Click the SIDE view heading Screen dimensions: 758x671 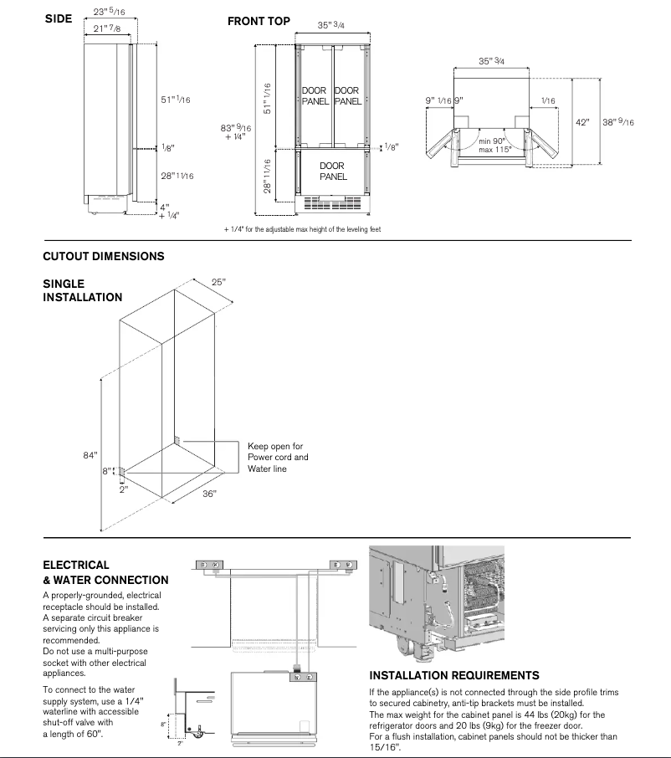point(58,19)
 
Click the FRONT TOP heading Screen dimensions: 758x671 point(259,21)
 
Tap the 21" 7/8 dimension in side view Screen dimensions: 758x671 point(108,30)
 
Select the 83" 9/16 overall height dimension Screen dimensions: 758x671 point(235,132)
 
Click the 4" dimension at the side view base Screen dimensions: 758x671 point(164,207)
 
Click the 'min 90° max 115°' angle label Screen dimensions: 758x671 point(495,145)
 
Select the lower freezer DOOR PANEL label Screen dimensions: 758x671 point(332,172)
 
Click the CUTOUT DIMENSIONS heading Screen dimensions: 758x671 point(103,257)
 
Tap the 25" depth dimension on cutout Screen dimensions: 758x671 point(218,283)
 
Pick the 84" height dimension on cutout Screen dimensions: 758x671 point(90,455)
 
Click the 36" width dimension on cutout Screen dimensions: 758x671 point(209,494)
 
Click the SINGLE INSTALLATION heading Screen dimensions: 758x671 point(82,290)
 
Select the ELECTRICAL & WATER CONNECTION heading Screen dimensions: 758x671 point(105,572)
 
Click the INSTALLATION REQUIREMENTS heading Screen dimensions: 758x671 point(453,675)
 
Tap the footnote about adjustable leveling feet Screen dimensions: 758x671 point(302,229)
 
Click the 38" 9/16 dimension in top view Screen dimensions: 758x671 point(618,122)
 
